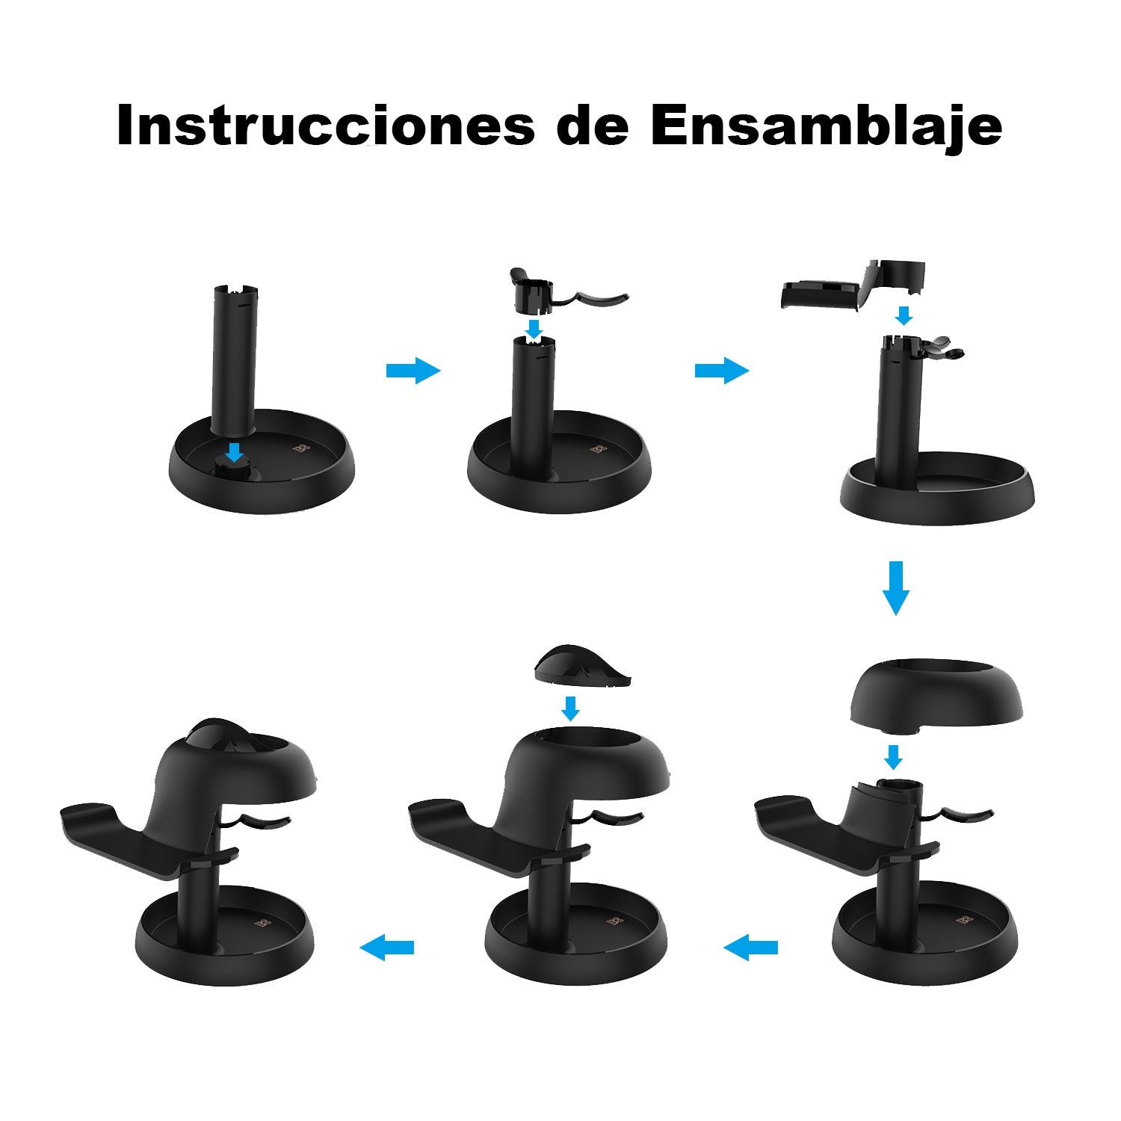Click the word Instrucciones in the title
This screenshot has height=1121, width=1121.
326,126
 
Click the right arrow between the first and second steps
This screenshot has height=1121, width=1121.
413,370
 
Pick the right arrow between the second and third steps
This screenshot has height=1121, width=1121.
722,370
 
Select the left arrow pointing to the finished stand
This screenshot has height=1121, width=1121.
386,948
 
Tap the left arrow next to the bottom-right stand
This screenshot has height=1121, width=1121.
750,948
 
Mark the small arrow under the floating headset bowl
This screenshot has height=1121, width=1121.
893,757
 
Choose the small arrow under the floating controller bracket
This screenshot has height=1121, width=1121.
904,315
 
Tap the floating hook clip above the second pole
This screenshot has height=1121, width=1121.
553,294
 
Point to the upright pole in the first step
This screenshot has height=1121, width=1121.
233,359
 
